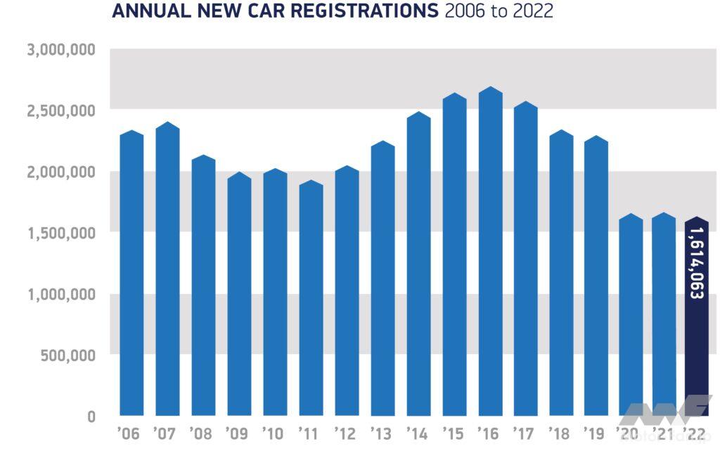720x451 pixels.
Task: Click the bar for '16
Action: tap(490, 253)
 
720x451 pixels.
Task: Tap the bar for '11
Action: tap(311, 299)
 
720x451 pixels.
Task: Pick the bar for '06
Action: tap(131, 274)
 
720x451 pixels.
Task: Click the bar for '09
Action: tap(239, 296)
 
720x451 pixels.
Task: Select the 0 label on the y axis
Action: tap(91, 417)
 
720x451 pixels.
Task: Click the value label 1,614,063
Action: tap(696, 263)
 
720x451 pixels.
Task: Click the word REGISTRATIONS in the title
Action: tap(354, 11)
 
